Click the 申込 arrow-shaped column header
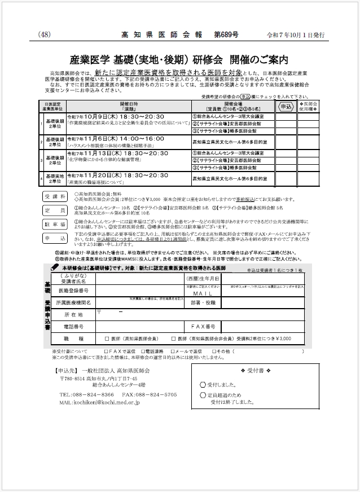click(286, 106)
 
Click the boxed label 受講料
click(55, 196)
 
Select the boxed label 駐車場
click(55, 224)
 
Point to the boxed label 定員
click(55, 209)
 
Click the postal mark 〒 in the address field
click(99, 311)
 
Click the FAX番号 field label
click(203, 326)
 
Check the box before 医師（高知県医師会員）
click(107, 339)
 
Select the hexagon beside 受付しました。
click(203, 384)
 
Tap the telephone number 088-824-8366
click(94, 394)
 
